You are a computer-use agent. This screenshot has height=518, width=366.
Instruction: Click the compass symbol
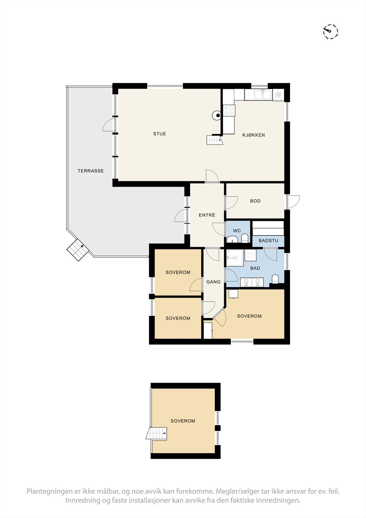click(x=330, y=31)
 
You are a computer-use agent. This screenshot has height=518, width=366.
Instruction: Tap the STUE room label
click(x=160, y=134)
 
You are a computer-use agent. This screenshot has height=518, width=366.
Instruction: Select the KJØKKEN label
click(x=254, y=135)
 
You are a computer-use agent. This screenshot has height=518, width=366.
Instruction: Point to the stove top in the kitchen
click(x=229, y=110)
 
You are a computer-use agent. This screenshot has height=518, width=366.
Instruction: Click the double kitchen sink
click(x=262, y=95)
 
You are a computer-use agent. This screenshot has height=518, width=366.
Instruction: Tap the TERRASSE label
click(x=91, y=171)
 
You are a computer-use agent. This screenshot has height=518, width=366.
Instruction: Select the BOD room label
click(x=255, y=201)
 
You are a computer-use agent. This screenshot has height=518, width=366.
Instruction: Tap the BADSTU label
click(x=268, y=241)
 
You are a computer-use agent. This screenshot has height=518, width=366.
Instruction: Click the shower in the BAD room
click(x=234, y=258)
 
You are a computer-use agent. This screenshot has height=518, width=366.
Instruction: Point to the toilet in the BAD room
click(x=275, y=279)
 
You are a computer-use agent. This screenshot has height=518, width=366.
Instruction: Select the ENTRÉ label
click(x=207, y=215)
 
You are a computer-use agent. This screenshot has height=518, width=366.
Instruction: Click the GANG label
click(x=213, y=282)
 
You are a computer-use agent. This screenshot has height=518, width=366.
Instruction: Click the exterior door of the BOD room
click(x=293, y=202)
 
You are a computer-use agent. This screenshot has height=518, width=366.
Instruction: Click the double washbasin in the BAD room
click(x=252, y=282)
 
